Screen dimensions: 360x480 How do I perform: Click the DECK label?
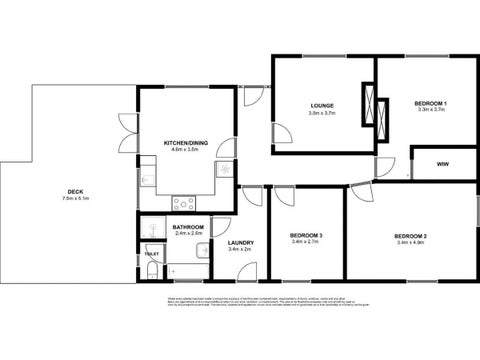point(75,193)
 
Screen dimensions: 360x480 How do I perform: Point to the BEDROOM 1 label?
point(430,104)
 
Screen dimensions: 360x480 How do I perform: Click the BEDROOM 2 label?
point(412,235)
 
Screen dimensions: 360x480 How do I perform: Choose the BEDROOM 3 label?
point(307,235)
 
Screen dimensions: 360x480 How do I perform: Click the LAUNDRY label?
point(240,242)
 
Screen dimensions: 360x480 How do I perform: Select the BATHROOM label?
point(188,227)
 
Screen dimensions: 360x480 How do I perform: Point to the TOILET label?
point(151,253)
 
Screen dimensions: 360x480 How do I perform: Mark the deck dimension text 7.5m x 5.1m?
point(76,200)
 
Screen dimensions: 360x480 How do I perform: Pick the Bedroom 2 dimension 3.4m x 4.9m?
point(412,242)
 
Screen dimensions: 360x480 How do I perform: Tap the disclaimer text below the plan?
point(240,304)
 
